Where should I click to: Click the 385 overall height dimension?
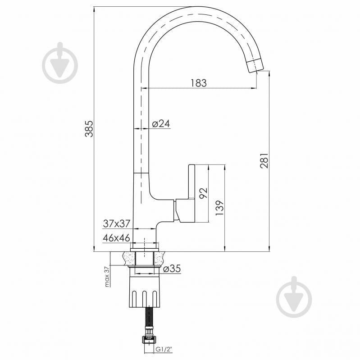coord(89,129)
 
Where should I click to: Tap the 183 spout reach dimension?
coord(199,83)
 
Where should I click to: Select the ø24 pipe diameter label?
coord(161,124)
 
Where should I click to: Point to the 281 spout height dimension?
coord(264,160)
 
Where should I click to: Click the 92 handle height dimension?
coord(203,193)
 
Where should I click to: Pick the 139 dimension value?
coord(219,208)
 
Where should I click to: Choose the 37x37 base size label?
coord(117,223)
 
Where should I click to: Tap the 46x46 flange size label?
coord(116,238)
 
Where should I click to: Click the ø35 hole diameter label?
coord(172,269)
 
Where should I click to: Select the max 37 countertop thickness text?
coord(107,277)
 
